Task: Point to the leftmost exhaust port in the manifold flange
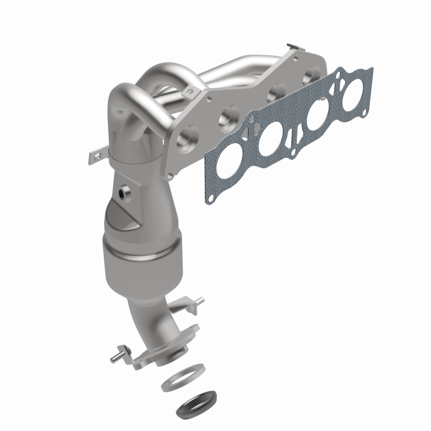click(190, 135)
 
